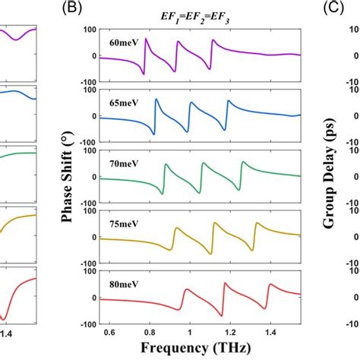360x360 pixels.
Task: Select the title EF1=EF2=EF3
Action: click(x=197, y=11)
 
